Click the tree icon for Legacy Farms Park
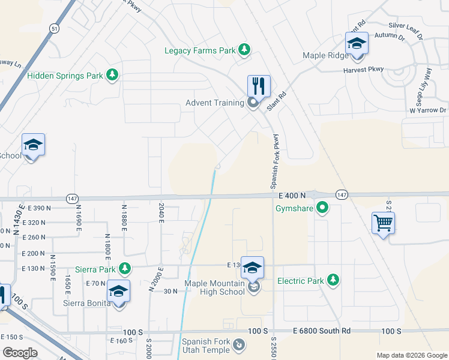[244, 50]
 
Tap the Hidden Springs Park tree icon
[111, 75]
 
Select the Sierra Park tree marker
[124, 268]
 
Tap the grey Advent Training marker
[253, 103]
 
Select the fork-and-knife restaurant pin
[259, 86]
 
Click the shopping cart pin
[383, 223]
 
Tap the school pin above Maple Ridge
[357, 44]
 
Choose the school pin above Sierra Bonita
[119, 292]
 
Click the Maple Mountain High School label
[215, 287]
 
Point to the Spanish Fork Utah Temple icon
[239, 345]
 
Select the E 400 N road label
[292, 196]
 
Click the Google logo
[20, 353]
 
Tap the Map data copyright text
[411, 355]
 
